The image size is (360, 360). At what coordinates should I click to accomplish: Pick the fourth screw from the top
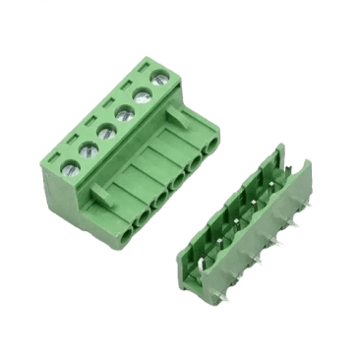[104, 131]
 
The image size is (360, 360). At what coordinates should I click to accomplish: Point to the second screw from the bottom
[87, 150]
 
